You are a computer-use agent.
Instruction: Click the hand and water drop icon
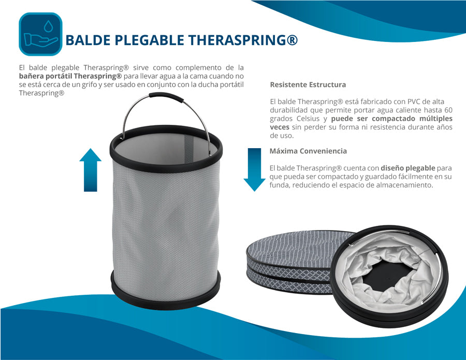pyautogui.click(x=40, y=34)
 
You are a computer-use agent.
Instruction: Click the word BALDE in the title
pyautogui.click(x=88, y=40)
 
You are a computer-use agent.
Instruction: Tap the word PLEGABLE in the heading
pyautogui.click(x=149, y=40)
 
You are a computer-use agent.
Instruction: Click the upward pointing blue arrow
pyautogui.click(x=90, y=170)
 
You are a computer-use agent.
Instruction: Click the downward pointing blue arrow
pyautogui.click(x=254, y=170)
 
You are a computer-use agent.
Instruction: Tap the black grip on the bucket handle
pyautogui.click(x=166, y=97)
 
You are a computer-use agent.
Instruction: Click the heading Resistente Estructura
pyautogui.click(x=308, y=85)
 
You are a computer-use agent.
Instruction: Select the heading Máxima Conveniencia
pyautogui.click(x=308, y=151)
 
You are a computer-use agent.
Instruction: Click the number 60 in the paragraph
pyautogui.click(x=448, y=110)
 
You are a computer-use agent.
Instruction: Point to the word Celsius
pyautogui.click(x=308, y=119)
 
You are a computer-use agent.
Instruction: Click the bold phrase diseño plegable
pyautogui.click(x=408, y=168)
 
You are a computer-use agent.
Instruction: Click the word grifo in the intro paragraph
pyautogui.click(x=89, y=85)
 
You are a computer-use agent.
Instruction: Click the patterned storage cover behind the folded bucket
pyautogui.click(x=293, y=262)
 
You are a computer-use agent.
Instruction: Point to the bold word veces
pyautogui.click(x=280, y=127)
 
